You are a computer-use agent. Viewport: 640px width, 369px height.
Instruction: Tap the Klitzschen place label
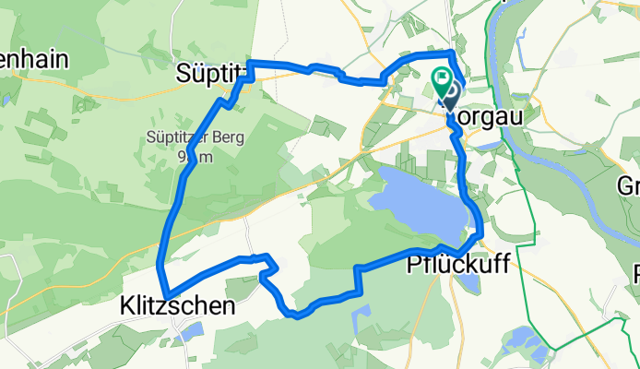point(177,304)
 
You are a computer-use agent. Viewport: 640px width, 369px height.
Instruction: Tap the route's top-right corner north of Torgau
point(452,53)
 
